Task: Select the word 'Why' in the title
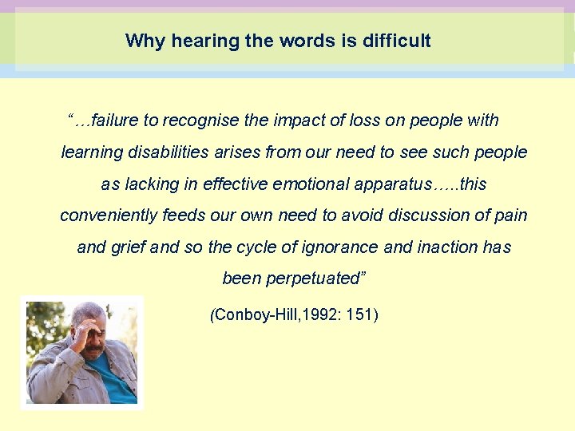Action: pos(142,41)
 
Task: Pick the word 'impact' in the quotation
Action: pos(296,121)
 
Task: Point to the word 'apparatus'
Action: pos(389,185)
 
